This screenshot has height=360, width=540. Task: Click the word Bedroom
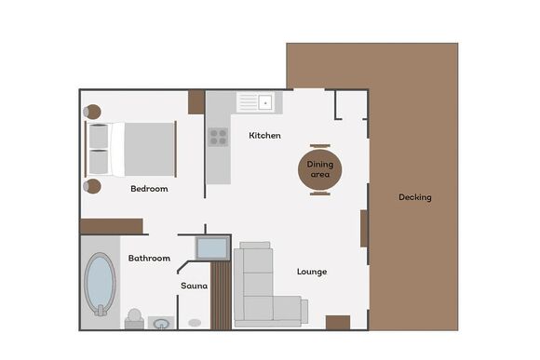pos(149,189)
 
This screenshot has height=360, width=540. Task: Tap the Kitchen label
pos(264,136)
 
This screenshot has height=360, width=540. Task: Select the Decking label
pos(414,197)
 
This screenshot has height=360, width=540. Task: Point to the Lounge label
pos(311,272)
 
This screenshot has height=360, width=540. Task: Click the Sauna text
pos(194,286)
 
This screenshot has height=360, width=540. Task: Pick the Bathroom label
pos(149,258)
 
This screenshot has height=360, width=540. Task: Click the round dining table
pos(319,168)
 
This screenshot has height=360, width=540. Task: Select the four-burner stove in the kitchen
pos(218,137)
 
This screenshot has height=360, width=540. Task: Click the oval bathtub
pos(101,285)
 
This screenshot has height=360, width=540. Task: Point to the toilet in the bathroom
pos(134,319)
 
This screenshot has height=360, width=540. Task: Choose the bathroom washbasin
pos(162,324)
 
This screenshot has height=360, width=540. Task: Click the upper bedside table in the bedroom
pos(92,113)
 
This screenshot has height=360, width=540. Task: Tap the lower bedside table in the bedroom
pos(92,186)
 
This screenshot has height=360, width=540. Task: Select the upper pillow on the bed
pos(99,136)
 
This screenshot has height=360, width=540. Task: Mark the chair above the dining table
pos(319,145)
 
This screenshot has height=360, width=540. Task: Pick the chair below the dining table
pos(319,193)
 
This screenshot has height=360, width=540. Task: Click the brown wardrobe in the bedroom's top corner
pos(196,101)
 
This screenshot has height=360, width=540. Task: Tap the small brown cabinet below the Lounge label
pos(338,322)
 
